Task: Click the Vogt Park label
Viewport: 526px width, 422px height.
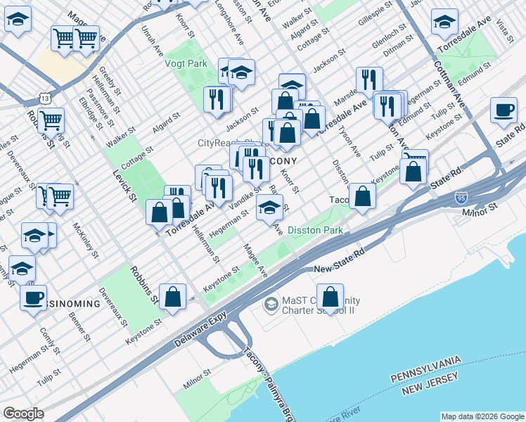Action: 186,63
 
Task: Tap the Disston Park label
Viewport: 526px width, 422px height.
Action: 314,230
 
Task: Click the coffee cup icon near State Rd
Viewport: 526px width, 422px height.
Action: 504,111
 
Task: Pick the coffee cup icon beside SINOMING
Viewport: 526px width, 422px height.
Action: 32,298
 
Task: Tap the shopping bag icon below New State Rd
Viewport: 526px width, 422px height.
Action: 329,297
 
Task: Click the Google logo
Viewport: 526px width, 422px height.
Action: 23,414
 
